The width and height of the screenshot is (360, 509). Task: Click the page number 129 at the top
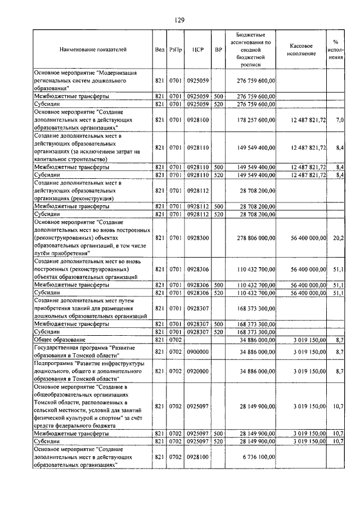[x=179, y=20]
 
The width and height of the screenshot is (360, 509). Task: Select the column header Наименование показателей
[x=93, y=49]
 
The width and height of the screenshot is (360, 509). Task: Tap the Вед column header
[x=159, y=49]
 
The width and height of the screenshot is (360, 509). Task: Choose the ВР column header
[x=219, y=49]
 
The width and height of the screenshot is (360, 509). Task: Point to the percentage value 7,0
[x=339, y=120]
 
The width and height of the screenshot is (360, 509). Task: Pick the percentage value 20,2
[x=338, y=238]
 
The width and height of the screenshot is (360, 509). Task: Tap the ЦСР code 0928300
[x=197, y=238]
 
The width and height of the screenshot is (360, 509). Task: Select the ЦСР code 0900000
[x=197, y=352]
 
